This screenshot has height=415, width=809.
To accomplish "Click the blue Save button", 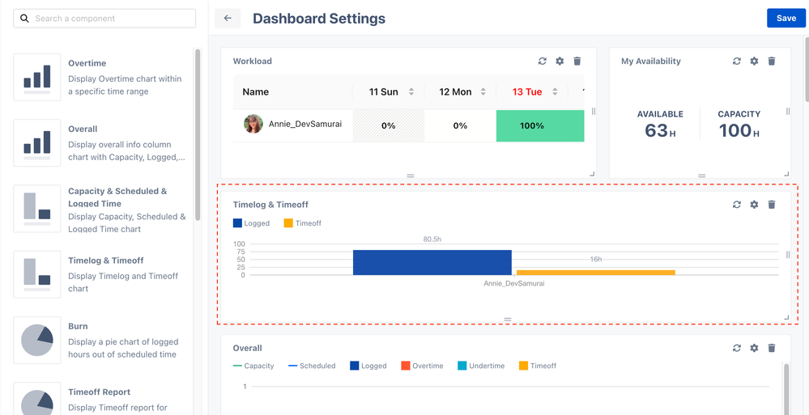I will [786, 18].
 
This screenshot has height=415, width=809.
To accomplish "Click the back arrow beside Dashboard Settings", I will [228, 18].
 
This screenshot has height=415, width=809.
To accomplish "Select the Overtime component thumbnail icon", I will [37, 77].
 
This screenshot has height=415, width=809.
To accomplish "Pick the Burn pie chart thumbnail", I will [37, 340].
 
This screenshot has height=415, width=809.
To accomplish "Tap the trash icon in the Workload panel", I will [577, 61].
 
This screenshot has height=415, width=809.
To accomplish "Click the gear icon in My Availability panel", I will [754, 61].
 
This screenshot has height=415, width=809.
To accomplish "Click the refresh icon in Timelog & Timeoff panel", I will [737, 205].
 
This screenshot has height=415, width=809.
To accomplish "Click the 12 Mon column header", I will [455, 92].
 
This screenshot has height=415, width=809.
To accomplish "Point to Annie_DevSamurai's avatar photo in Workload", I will [253, 125].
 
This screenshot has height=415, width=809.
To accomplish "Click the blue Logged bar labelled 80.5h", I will [432, 262].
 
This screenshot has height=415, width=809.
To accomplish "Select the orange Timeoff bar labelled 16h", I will [595, 273].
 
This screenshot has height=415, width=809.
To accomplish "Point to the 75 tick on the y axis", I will [239, 252].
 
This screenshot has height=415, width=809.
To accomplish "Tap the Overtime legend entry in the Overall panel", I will [422, 366].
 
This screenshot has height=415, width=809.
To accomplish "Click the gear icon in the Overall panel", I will [754, 348].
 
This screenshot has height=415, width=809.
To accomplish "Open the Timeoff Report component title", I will [100, 392].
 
